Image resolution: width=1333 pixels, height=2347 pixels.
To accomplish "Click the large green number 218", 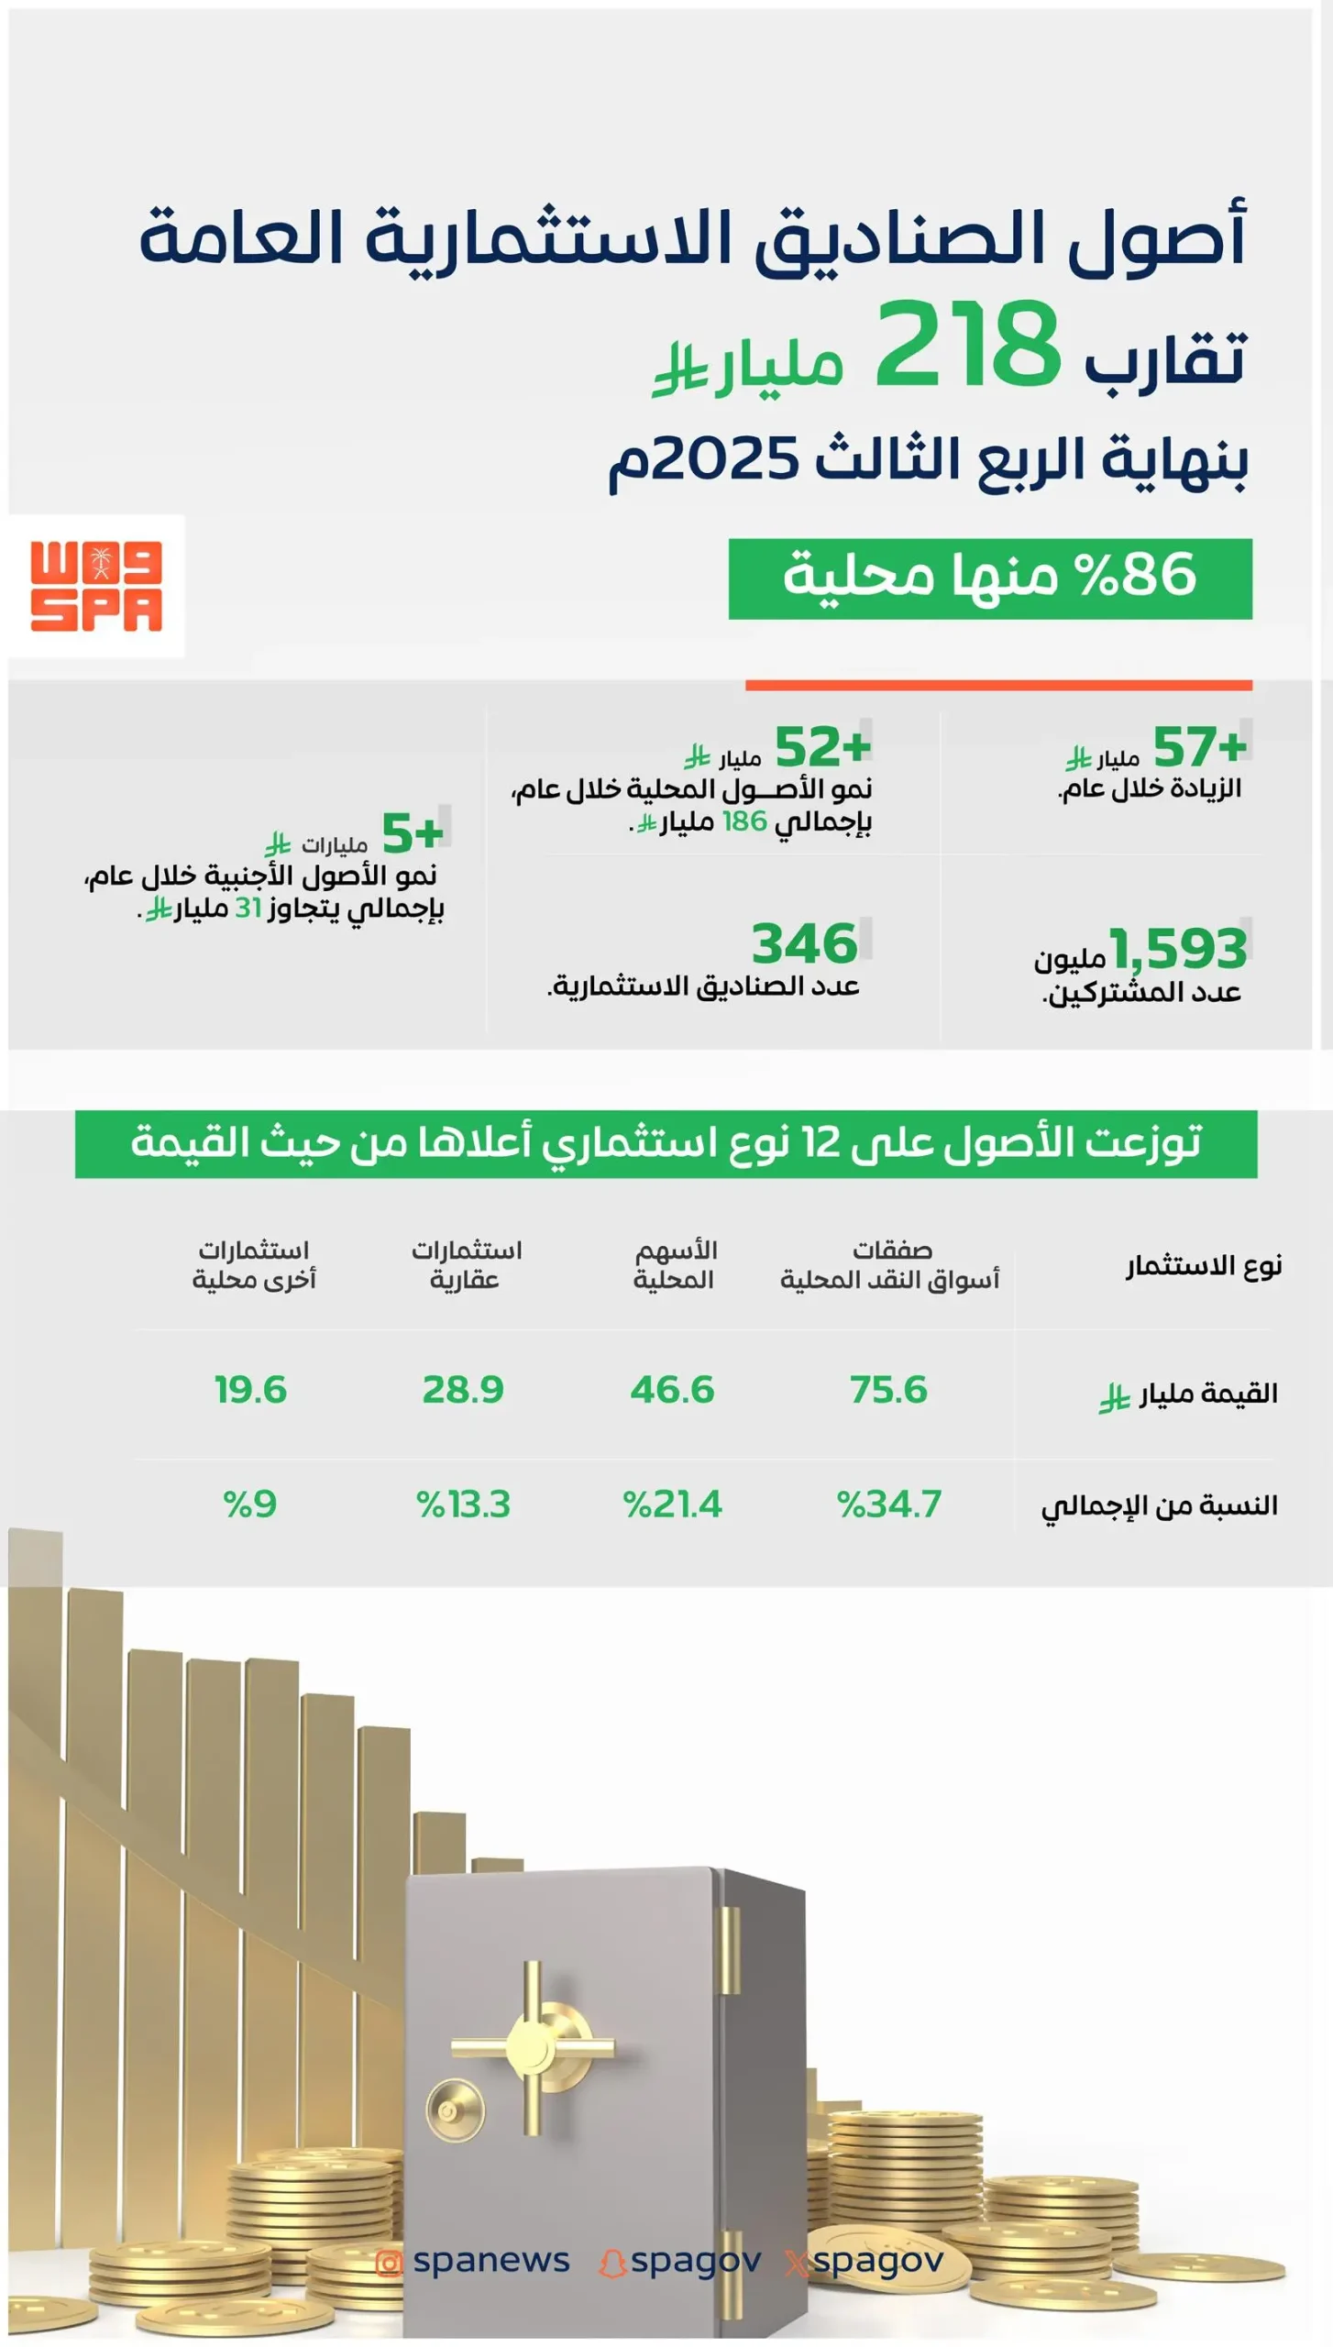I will (x=967, y=347).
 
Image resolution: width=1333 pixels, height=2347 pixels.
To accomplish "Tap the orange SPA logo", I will (x=96, y=586).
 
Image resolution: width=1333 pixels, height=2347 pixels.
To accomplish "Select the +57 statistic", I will (x=1199, y=746).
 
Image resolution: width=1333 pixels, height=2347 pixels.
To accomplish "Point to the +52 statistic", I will (x=821, y=746).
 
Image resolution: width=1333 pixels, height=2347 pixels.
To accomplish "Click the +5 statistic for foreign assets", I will (x=412, y=832).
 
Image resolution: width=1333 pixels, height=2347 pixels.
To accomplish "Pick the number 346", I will (x=804, y=944).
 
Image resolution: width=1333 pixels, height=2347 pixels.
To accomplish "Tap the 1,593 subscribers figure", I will (x=1178, y=949).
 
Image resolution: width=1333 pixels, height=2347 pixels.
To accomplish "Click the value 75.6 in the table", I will (x=887, y=1390).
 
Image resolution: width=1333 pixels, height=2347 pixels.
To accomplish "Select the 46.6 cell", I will (x=671, y=1390).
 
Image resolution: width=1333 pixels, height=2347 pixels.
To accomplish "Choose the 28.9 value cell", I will (x=462, y=1390).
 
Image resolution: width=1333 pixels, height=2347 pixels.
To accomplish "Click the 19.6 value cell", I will (x=250, y=1390).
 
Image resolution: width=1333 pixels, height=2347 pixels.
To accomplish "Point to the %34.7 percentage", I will (x=888, y=1504).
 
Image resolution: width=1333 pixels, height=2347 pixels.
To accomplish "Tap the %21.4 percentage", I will (x=672, y=1504).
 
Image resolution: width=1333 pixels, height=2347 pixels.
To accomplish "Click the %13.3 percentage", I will (x=463, y=1504).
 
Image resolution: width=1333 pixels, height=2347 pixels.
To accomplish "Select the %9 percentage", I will (x=249, y=1504).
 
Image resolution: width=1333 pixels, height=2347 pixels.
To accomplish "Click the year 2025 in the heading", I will (x=724, y=458).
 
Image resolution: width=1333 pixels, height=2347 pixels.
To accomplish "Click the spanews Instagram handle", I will (x=490, y=2261).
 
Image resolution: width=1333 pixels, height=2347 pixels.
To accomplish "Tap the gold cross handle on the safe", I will (x=533, y=2044).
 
